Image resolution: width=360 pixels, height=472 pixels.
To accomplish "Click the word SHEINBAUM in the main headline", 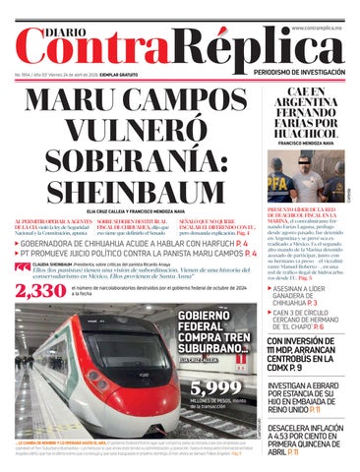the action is (x=128, y=190).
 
